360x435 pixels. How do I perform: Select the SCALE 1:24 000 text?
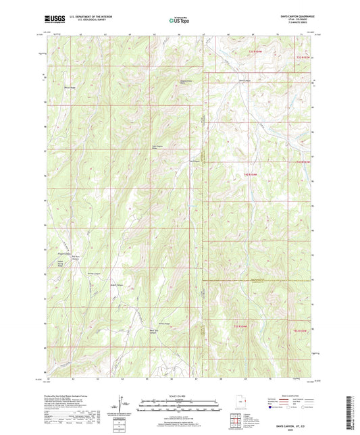(x=180, y=395)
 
